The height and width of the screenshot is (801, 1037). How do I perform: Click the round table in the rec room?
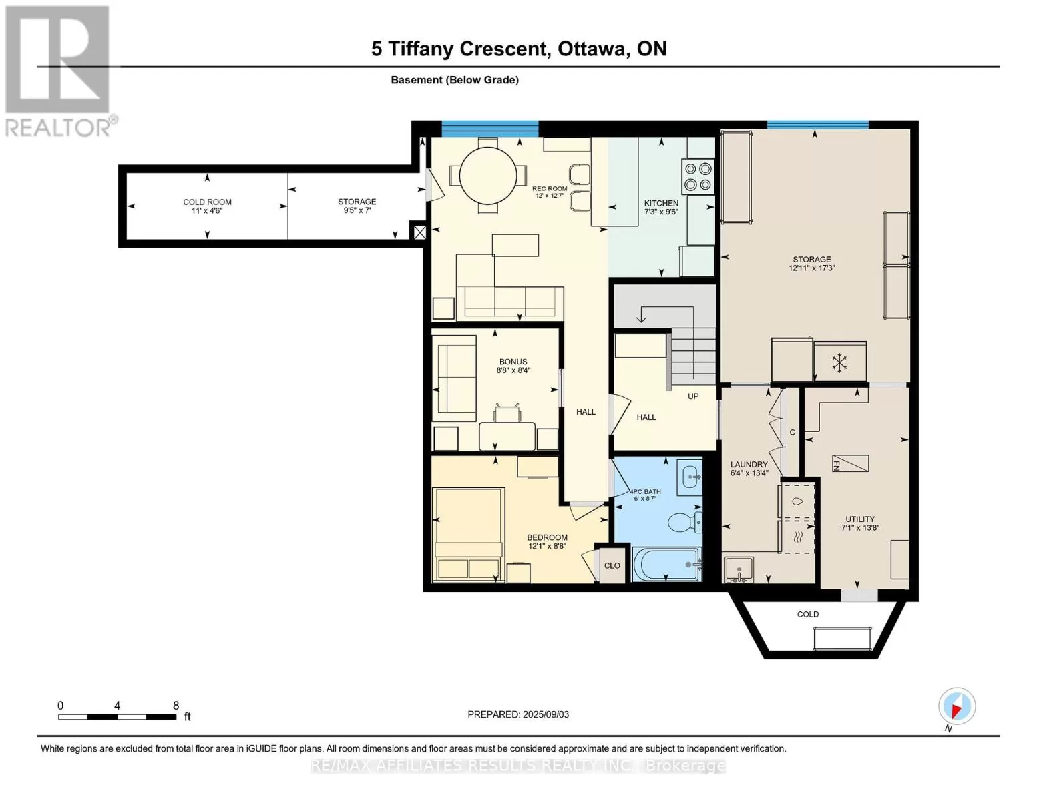click(487, 176)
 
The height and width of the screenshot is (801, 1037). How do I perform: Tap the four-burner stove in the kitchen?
click(698, 176)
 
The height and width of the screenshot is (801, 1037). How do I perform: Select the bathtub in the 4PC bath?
click(666, 565)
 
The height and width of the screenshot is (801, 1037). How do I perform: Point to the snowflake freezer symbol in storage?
click(839, 362)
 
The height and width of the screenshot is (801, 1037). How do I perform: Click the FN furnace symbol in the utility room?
click(851, 463)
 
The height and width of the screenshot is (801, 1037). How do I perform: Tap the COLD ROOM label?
click(207, 202)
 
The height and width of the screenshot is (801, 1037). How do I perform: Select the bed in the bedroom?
click(468, 534)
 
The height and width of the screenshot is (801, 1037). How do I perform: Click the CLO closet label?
click(612, 565)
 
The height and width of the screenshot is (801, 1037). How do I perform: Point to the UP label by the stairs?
click(693, 396)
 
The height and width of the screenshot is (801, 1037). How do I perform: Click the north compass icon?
click(957, 706)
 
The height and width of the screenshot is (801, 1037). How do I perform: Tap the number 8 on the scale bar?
click(176, 705)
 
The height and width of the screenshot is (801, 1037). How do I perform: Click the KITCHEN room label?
click(661, 203)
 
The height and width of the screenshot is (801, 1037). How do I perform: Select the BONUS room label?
click(513, 362)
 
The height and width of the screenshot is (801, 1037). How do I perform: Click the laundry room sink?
click(739, 569)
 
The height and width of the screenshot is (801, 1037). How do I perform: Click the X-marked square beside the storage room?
click(419, 232)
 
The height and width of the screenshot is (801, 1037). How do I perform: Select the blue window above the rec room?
click(490, 129)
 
